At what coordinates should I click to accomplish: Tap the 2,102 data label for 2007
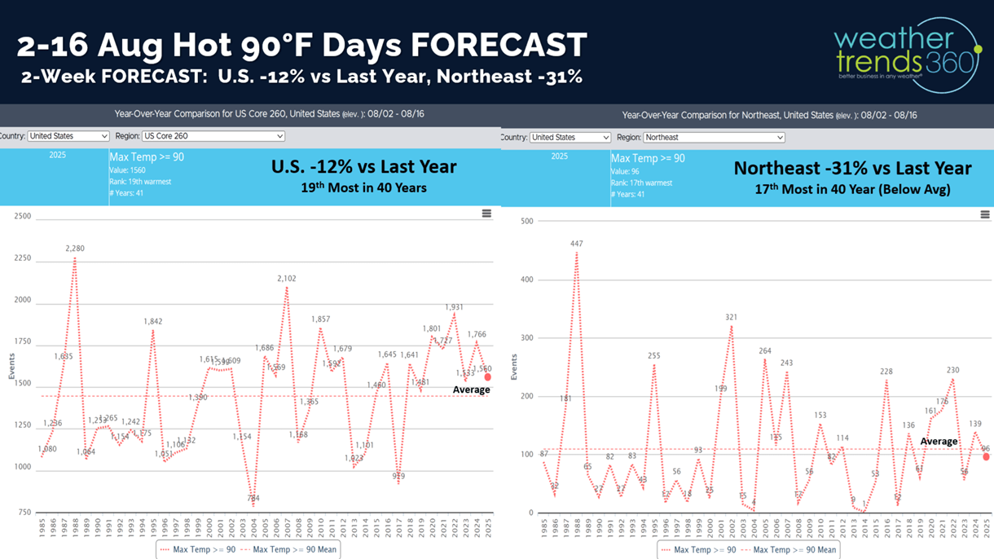click(287, 278)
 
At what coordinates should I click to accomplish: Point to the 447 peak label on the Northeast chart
click(576, 244)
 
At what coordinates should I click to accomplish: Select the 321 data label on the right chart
click(732, 317)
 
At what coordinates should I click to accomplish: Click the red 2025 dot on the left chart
click(488, 377)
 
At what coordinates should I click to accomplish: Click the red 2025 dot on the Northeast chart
click(987, 457)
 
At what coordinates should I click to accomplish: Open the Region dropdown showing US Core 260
click(213, 136)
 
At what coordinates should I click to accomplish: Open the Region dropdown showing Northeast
click(714, 137)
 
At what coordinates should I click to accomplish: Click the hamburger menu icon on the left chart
click(486, 213)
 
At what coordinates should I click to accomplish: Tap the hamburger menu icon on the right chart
click(985, 214)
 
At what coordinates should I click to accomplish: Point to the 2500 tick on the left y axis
click(22, 217)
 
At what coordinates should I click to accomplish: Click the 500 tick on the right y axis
click(526, 222)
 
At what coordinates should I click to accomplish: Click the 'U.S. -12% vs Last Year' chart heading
click(363, 167)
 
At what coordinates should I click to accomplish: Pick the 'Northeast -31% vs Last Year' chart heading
click(852, 168)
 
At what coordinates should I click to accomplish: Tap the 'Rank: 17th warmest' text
click(642, 182)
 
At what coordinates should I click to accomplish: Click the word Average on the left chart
click(472, 390)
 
